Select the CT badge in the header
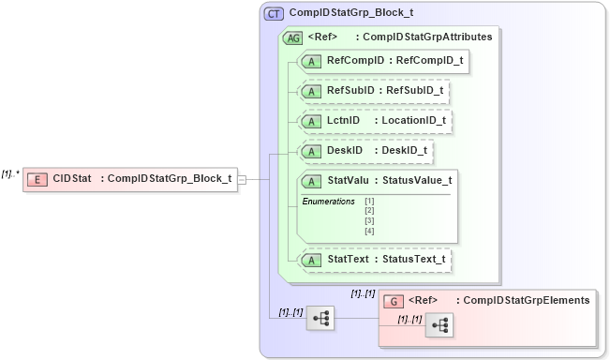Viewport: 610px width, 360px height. coord(274,14)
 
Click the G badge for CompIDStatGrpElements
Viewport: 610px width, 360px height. coord(395,301)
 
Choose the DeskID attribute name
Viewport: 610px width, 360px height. coord(344,150)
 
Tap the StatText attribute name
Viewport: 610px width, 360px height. coord(346,258)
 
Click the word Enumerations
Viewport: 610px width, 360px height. coord(328,202)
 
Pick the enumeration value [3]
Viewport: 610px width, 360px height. coord(369,221)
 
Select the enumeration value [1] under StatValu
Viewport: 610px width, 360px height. coord(369,201)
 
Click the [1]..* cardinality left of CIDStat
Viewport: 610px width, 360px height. coord(11,172)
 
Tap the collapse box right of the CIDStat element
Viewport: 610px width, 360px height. coord(242,179)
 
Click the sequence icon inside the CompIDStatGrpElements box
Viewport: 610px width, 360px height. coord(438,325)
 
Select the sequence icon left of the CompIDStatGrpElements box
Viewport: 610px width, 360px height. coord(320,318)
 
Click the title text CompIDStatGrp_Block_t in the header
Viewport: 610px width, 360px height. coord(351,14)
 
